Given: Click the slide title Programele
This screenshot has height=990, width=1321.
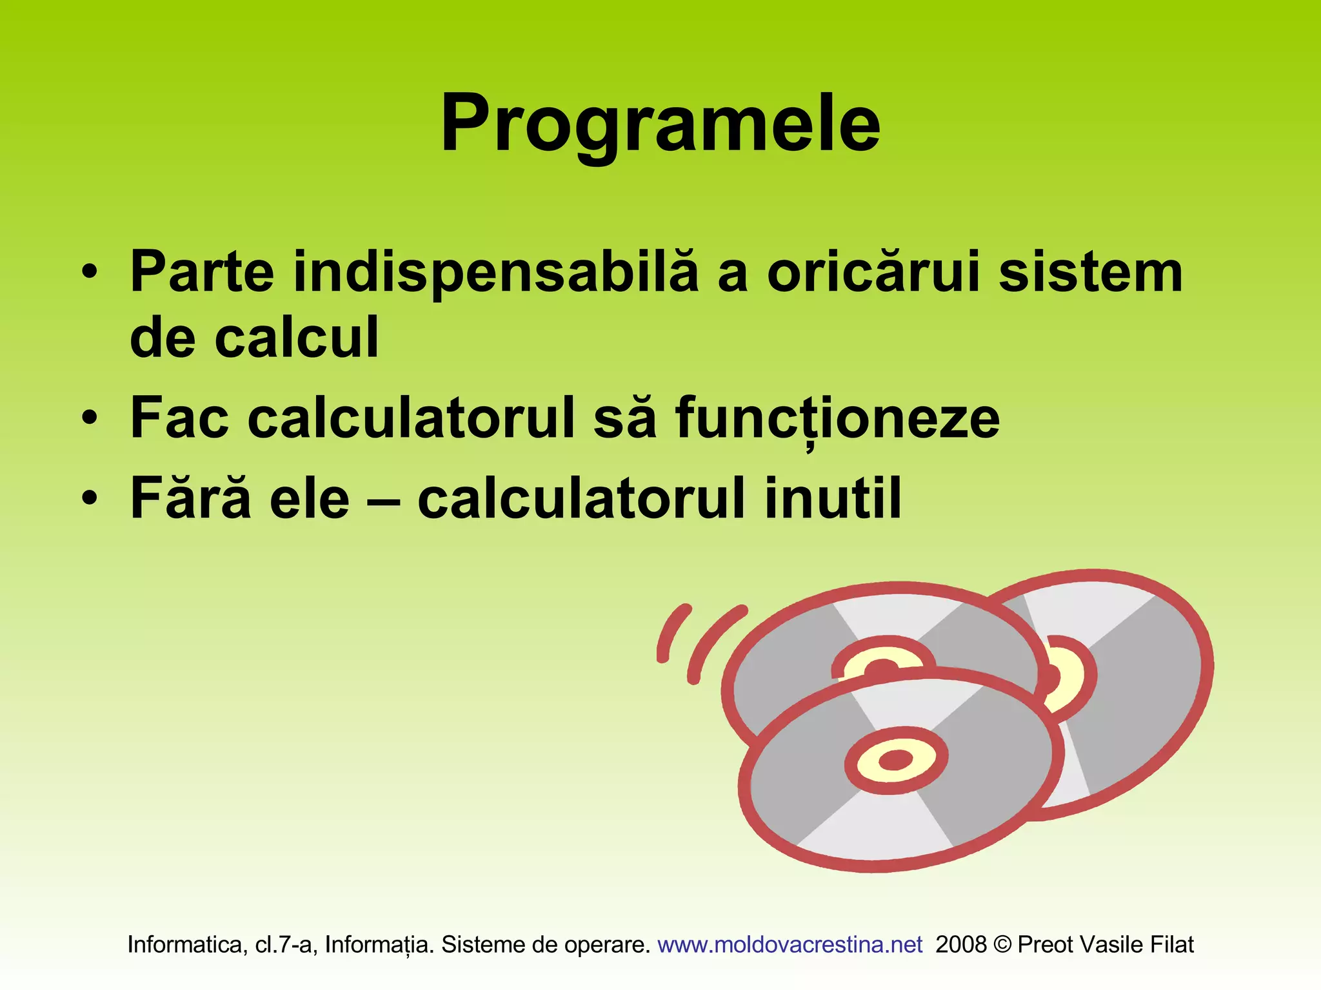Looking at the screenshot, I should (x=660, y=124).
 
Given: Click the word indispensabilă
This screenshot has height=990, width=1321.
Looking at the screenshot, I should (x=495, y=273).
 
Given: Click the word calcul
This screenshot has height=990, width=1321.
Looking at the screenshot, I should (x=296, y=338).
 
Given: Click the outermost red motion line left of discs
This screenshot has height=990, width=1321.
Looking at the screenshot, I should (x=671, y=632).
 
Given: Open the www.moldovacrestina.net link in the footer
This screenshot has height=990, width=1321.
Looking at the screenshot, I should (x=790, y=945).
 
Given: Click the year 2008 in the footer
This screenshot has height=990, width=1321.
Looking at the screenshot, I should (x=960, y=945).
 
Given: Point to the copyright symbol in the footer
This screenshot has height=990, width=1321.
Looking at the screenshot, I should (x=1002, y=945).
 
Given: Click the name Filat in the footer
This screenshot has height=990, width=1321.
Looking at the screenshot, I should (x=1172, y=945).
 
